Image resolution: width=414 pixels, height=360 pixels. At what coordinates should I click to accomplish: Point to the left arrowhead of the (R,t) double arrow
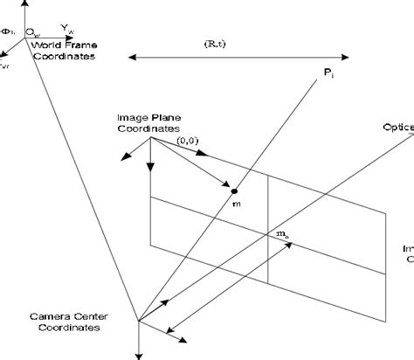(131, 58)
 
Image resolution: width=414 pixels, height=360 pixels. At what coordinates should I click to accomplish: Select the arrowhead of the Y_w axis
(92, 36)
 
